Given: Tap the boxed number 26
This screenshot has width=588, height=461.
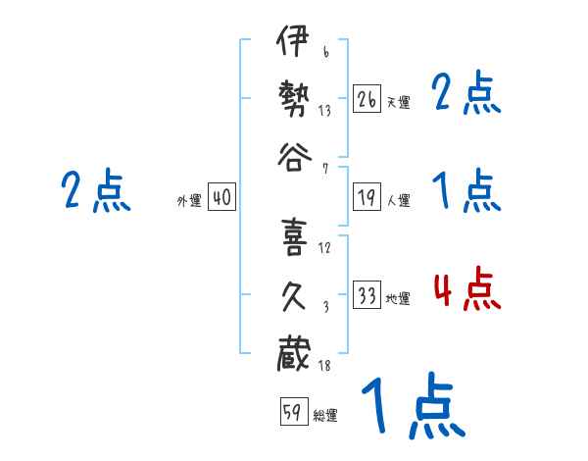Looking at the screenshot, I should [367, 98].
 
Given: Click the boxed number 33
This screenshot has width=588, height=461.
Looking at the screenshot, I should [367, 295].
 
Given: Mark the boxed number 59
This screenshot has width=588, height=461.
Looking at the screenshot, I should [293, 411].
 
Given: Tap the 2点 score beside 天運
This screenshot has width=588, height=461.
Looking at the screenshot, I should [466, 95].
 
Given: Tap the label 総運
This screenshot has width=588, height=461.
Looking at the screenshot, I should [325, 416].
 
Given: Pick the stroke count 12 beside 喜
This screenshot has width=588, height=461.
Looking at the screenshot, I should [324, 246].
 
